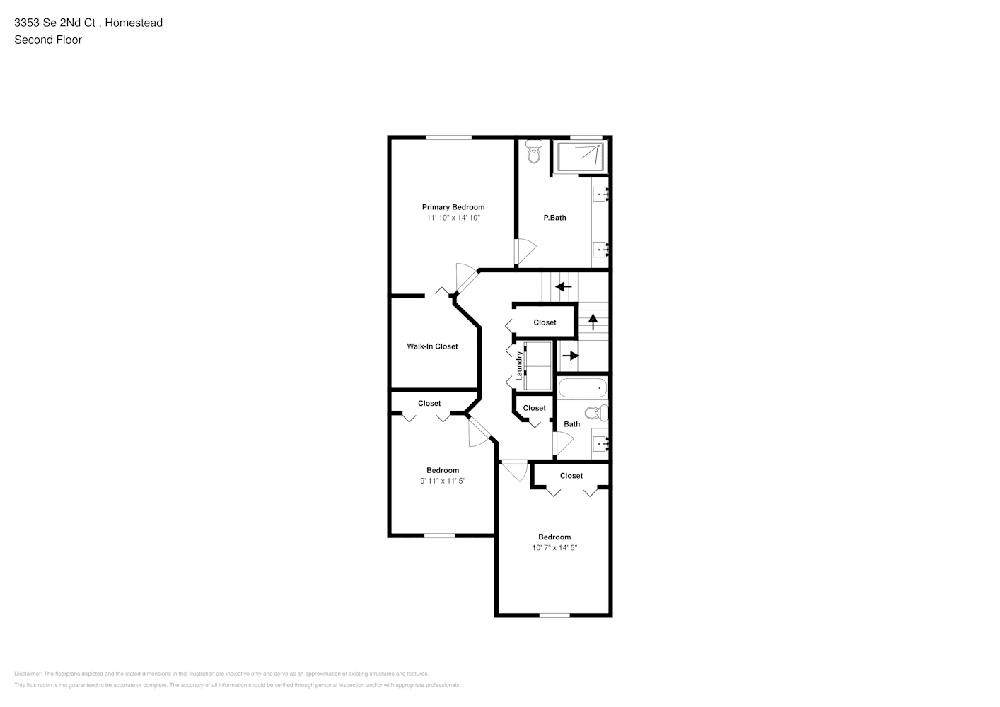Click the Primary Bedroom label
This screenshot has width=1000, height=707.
point(453,207)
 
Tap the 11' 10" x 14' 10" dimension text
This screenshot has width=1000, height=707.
point(453,218)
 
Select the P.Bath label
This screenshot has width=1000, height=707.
point(554,218)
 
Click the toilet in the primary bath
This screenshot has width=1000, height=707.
point(534,153)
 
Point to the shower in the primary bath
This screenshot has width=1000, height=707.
point(579,157)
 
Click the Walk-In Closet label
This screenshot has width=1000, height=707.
point(432,346)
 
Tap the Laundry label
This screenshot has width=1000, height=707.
point(519,366)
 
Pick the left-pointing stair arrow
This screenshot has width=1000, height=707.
point(563,287)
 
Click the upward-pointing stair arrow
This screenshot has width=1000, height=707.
point(593,320)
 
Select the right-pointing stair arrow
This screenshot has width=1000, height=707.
point(570,355)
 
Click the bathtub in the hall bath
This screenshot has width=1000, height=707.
point(583,388)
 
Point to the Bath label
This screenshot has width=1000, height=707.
point(571,424)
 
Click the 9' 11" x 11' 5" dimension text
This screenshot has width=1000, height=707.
point(443,481)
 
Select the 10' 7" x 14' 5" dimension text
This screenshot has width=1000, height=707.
point(554,548)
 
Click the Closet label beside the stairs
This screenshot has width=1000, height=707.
point(545,322)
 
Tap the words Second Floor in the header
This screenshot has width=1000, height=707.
point(48,40)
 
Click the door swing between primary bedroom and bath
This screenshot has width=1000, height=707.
point(525,252)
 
